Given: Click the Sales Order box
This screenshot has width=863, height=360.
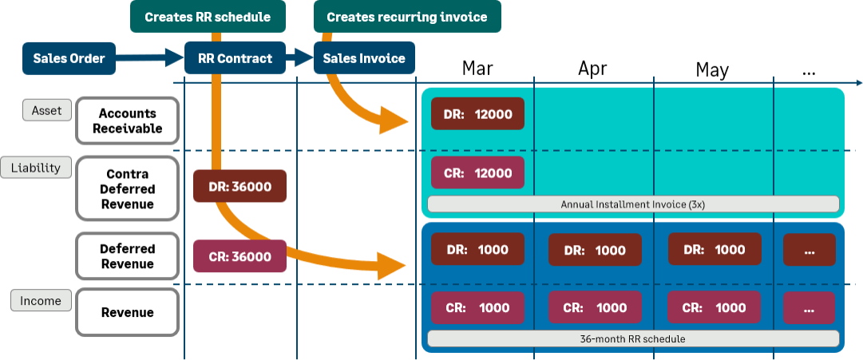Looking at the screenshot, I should click(x=69, y=58).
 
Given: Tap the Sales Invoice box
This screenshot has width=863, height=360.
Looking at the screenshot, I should click(x=364, y=58).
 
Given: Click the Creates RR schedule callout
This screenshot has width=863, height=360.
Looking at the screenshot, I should click(x=208, y=16).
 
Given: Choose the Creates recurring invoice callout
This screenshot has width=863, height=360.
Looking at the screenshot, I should click(x=407, y=16).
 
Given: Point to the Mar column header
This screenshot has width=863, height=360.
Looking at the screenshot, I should click(x=477, y=69).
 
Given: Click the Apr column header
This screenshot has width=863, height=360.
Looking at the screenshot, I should click(x=592, y=69).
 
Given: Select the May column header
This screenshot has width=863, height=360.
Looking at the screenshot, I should click(x=712, y=70).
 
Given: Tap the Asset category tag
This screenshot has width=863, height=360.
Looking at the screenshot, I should click(x=47, y=109).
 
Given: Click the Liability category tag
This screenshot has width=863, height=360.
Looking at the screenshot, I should click(x=36, y=168).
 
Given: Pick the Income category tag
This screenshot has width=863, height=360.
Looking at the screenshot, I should click(x=41, y=301).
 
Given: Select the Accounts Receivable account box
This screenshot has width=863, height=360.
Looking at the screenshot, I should click(x=127, y=121).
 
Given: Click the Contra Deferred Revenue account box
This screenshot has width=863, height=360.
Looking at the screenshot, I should click(x=127, y=189).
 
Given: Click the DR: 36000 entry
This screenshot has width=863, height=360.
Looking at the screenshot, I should click(x=240, y=186).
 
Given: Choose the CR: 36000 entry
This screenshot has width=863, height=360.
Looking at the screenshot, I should click(x=240, y=256).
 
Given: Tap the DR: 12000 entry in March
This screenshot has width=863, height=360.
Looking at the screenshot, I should click(x=477, y=114).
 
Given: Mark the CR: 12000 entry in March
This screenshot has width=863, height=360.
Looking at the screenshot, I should click(x=477, y=173).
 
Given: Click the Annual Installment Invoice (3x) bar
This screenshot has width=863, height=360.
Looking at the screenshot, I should click(x=633, y=204).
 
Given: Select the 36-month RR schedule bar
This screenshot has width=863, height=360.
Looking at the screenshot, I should click(x=633, y=338).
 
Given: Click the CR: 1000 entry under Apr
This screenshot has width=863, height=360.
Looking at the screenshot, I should click(x=595, y=308).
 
